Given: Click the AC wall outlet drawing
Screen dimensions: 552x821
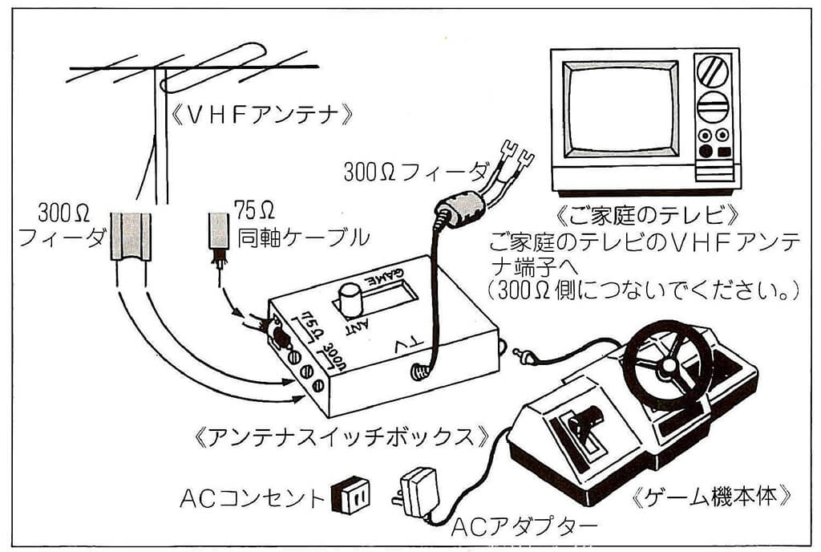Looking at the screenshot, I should [351, 497].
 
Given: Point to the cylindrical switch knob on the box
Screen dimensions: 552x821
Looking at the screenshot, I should [351, 302].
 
